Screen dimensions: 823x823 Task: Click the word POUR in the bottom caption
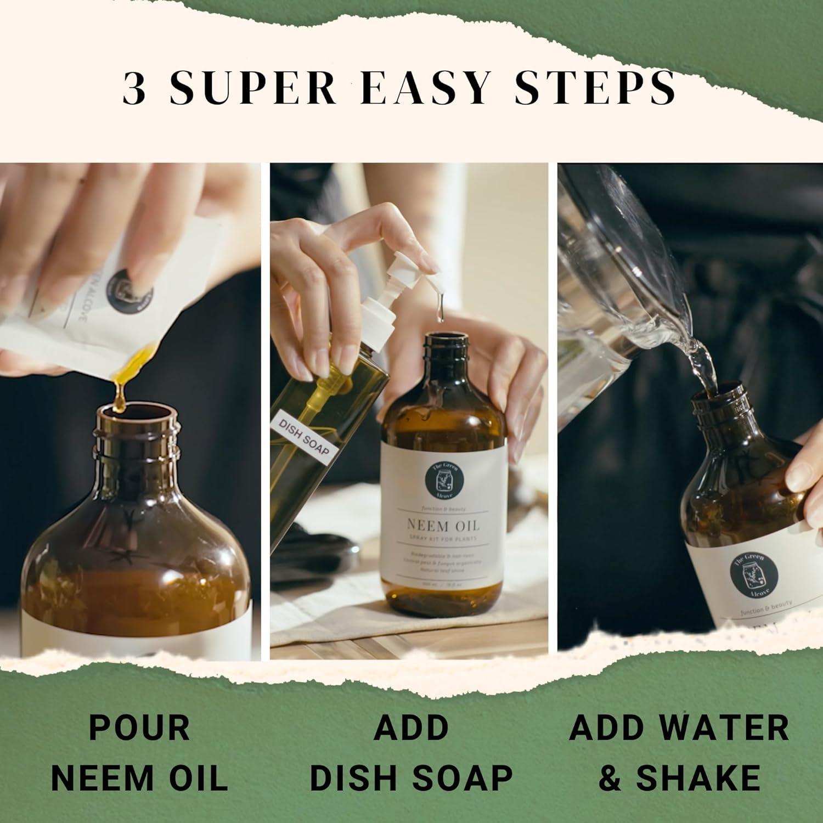(x=139, y=727)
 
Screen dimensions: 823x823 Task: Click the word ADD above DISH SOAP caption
(x=411, y=727)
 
